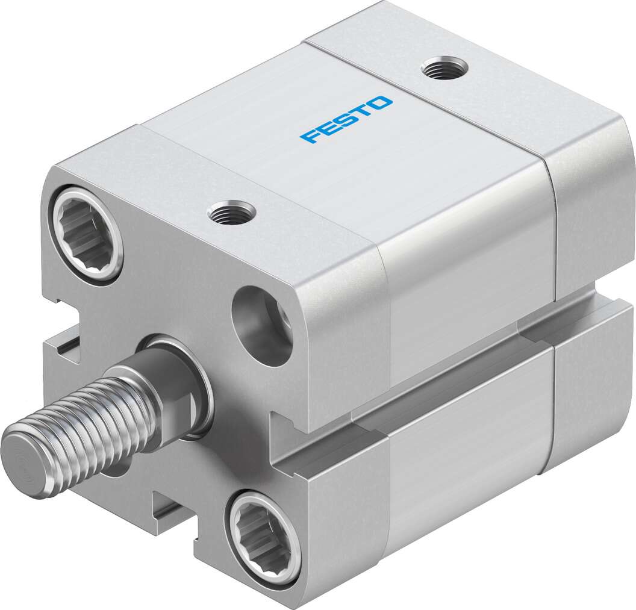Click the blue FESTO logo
(x=346, y=119)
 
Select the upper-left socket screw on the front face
(x=86, y=234)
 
